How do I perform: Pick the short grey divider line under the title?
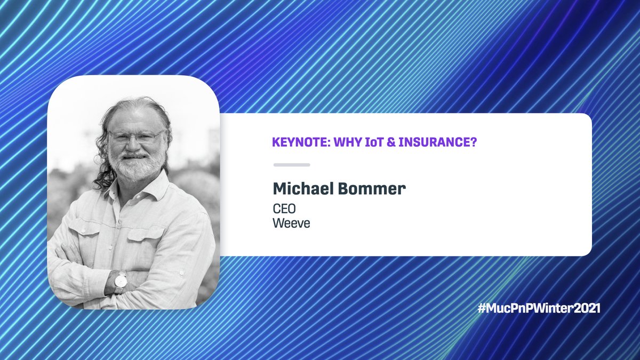click(x=291, y=165)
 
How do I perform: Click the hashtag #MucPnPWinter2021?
click(x=539, y=308)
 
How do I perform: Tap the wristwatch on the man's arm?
click(x=121, y=281)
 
